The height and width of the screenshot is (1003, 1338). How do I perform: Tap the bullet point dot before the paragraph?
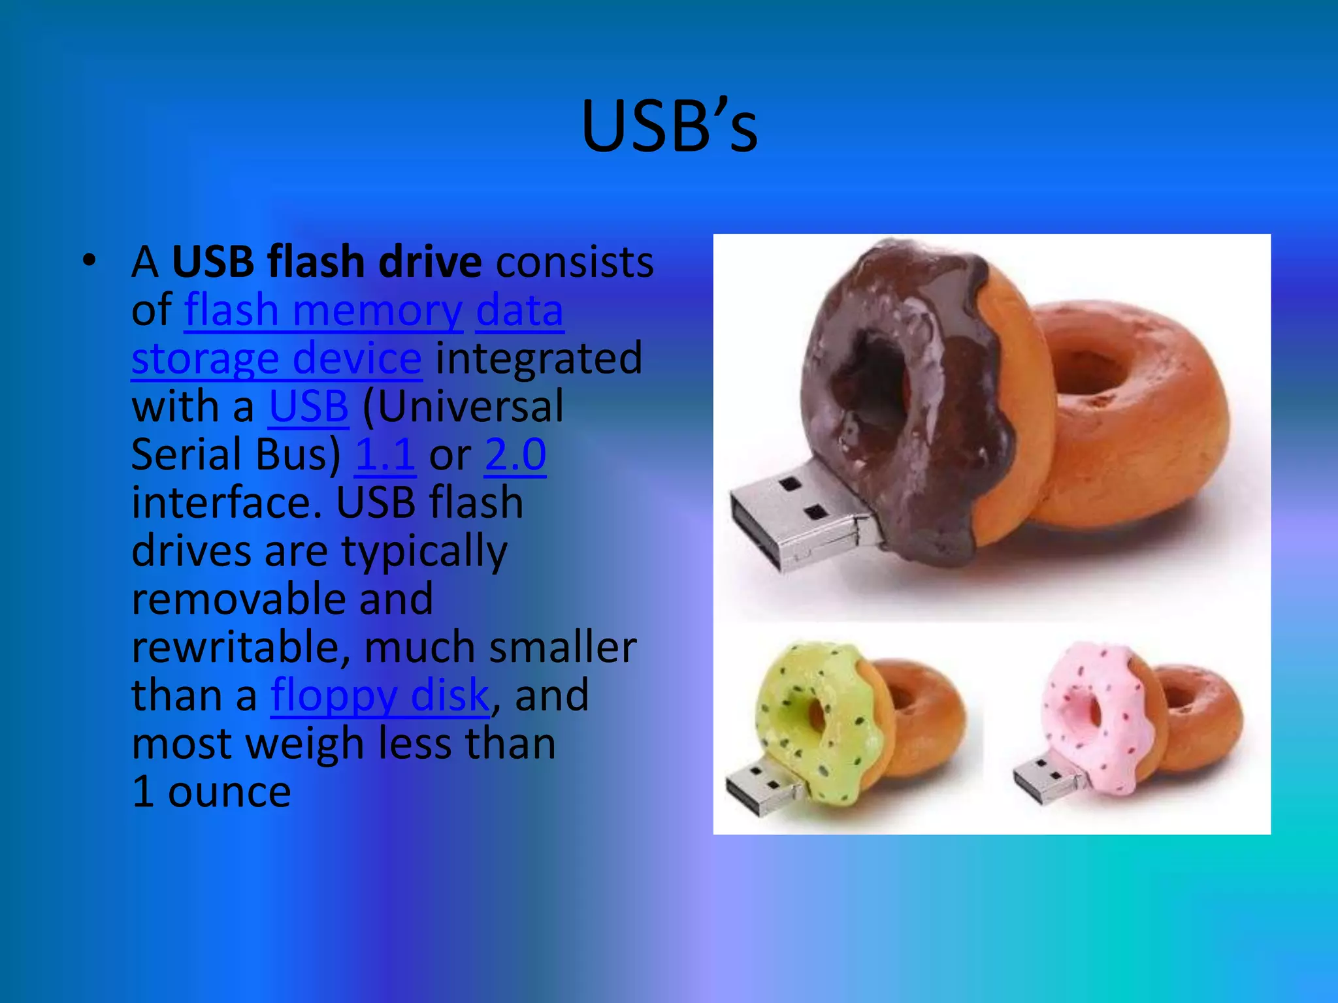[x=90, y=261]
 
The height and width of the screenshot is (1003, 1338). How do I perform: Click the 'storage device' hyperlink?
[x=276, y=358]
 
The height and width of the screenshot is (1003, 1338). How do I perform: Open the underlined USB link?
[x=308, y=406]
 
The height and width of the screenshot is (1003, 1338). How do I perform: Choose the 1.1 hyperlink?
[x=385, y=454]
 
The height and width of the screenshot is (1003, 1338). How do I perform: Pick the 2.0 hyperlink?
[x=515, y=454]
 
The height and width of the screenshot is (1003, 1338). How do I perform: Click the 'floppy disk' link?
[x=380, y=695]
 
